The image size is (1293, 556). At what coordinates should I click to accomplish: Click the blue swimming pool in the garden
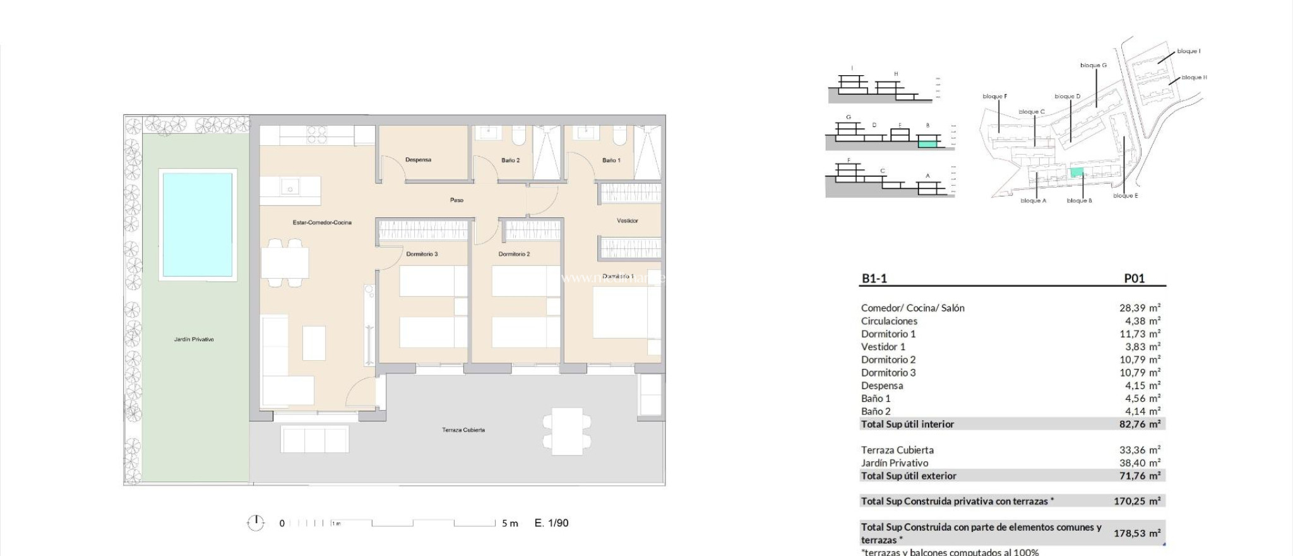point(198,225)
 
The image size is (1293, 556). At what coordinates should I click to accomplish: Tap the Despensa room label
point(418,160)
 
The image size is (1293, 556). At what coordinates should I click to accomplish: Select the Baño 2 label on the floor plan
point(510,160)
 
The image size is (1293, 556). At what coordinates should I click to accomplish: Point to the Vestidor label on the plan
point(627,221)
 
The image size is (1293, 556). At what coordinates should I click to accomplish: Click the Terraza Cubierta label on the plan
point(463,430)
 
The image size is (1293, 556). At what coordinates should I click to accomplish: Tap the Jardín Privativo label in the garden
point(194,340)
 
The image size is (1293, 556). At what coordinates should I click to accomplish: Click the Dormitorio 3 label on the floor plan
point(422,254)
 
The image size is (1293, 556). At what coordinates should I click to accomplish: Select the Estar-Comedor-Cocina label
point(322,222)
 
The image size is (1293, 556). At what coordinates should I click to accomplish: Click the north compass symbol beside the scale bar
point(255,523)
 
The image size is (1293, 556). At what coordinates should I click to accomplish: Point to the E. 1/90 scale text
point(551,523)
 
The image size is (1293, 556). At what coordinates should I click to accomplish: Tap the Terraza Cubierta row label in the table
point(897,450)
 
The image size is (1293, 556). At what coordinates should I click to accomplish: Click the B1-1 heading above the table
point(874,279)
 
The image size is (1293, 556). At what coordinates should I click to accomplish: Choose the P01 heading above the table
point(1134,279)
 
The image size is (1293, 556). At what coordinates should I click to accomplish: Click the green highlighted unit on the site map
point(1076,172)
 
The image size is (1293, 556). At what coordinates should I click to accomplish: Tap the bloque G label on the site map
point(1093,66)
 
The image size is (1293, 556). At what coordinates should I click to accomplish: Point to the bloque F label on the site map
point(994,97)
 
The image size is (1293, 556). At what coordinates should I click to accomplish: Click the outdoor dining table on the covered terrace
point(567,432)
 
